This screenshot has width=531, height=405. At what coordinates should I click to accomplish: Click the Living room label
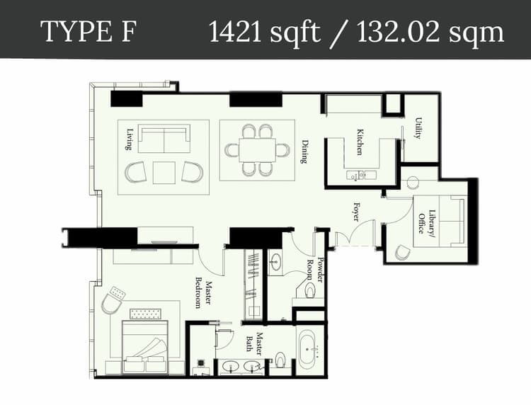(130, 139)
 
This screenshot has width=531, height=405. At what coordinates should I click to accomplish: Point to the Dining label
(304, 150)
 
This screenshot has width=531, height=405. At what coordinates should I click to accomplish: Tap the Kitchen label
(360, 142)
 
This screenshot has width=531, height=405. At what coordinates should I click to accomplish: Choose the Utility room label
(418, 128)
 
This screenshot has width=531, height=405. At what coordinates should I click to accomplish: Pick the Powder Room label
(316, 270)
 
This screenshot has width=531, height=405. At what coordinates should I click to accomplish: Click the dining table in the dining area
(257, 150)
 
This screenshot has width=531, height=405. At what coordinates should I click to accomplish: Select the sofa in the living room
(164, 139)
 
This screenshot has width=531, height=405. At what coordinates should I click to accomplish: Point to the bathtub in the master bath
(309, 351)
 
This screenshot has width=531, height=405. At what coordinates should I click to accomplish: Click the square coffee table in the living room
(164, 172)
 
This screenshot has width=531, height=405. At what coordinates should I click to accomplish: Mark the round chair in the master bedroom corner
(111, 303)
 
